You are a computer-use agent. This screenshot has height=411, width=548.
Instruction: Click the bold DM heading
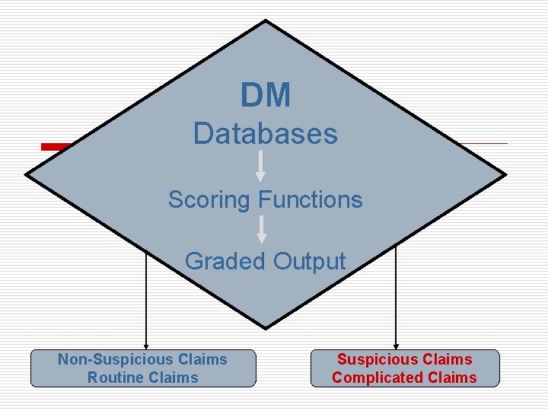(x=266, y=96)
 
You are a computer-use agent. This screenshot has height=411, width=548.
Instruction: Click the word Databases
(x=265, y=134)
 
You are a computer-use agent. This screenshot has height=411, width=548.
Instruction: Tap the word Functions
(x=311, y=200)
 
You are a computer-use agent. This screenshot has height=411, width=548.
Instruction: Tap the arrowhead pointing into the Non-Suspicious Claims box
(x=146, y=345)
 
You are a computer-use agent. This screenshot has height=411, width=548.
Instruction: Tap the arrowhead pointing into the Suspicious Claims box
(x=396, y=345)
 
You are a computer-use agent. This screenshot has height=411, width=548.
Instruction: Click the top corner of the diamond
(x=266, y=21)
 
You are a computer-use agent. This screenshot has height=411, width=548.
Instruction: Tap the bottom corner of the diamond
(x=266, y=328)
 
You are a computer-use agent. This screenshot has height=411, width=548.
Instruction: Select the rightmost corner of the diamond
(x=505, y=174)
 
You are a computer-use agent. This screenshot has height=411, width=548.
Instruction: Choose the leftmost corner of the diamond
(x=27, y=174)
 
